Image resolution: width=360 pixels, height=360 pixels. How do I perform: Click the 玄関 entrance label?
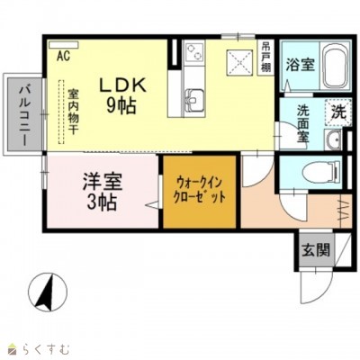[315, 250]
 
